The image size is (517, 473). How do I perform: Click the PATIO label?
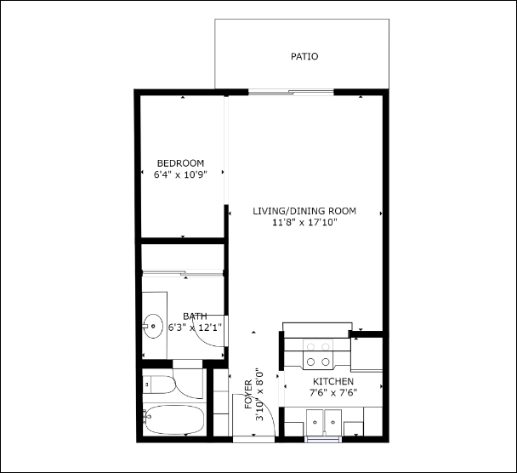(304, 57)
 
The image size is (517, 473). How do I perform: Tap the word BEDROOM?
(180, 163)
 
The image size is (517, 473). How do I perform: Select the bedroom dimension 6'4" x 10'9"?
(180, 175)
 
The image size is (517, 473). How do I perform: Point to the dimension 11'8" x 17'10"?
(304, 223)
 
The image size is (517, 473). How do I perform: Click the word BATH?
(195, 316)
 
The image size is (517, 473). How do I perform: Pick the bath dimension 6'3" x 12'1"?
(195, 327)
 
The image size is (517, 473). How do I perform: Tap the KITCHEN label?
(333, 381)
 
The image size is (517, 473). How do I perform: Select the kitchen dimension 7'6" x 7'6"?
(333, 392)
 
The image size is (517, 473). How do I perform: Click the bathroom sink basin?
(154, 325)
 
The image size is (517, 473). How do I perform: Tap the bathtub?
(174, 419)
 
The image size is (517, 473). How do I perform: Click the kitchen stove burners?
(318, 346)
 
